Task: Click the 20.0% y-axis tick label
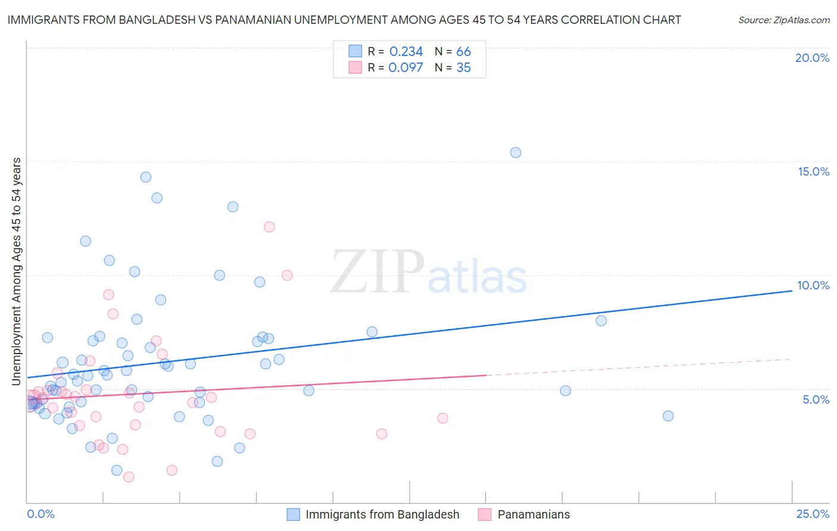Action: [812, 58]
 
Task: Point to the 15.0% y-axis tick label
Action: [813, 171]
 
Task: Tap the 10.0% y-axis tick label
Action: [813, 285]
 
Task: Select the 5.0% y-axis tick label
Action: [816, 399]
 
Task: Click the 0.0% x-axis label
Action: [40, 514]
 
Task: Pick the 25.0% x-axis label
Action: [813, 514]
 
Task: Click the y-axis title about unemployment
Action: [16, 271]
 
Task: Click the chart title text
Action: [344, 20]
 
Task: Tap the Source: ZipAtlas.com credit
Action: [783, 20]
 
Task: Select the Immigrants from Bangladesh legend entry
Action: [382, 514]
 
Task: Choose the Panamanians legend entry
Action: [533, 514]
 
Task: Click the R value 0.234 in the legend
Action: [406, 52]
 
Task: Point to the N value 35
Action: [463, 68]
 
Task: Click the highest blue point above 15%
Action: [516, 152]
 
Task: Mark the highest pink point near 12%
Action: [269, 227]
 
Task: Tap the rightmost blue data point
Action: [668, 416]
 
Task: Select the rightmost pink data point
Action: [442, 418]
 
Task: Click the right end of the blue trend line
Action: [791, 291]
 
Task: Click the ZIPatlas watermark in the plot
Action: [429, 273]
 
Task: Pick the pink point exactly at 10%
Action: [287, 275]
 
